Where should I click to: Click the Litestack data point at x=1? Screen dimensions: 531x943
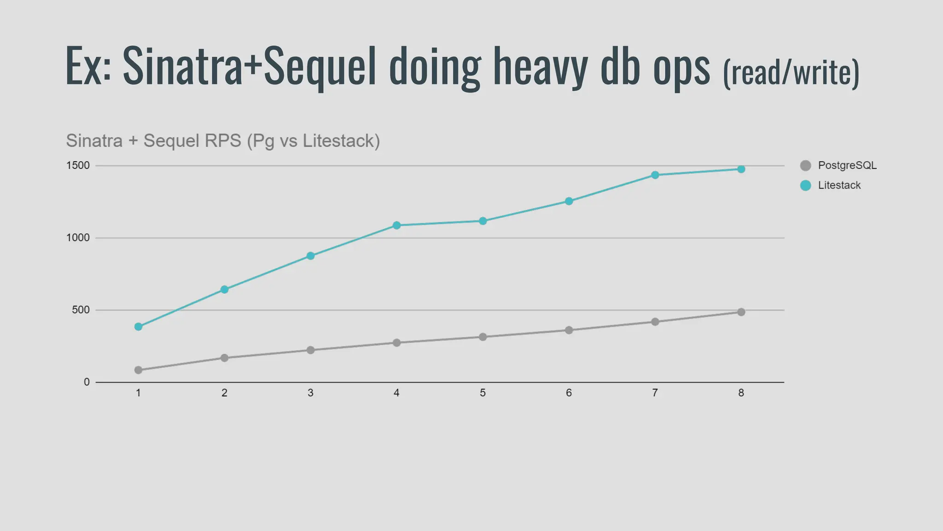[138, 327]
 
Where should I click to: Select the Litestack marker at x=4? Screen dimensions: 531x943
[396, 225]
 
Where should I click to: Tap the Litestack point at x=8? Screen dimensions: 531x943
[741, 169]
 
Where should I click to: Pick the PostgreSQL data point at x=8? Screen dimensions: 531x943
[741, 312]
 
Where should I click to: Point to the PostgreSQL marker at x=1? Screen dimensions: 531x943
[138, 370]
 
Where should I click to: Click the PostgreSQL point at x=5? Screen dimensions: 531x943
[483, 337]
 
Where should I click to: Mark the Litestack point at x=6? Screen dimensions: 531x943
[569, 201]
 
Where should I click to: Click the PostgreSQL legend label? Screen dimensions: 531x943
[847, 165]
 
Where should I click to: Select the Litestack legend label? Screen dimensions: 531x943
[839, 185]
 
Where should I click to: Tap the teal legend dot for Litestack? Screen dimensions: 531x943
[805, 185]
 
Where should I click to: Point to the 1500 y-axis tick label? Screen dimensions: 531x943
[78, 165]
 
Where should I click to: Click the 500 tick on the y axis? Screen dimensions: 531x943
[81, 310]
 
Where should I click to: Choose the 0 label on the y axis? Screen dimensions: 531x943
[87, 382]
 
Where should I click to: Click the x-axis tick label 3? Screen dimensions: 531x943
[310, 393]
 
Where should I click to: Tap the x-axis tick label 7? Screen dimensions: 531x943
[655, 393]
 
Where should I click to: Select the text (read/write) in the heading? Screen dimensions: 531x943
[791, 73]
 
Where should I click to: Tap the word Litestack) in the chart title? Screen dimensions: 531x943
[341, 141]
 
